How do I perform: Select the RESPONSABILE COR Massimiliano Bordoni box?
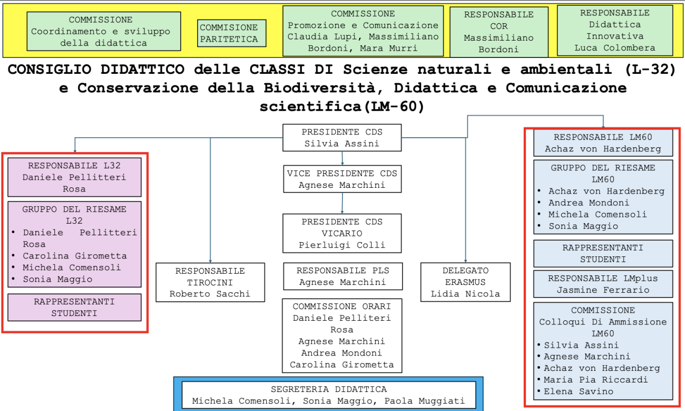tap(499, 32)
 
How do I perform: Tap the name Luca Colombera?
tap(614, 48)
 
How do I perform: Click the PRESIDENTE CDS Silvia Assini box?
tap(342, 138)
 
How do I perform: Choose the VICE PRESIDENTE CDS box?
tap(342, 179)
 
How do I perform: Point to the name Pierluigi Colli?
tap(342, 245)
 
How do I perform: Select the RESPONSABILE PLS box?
tap(342, 276)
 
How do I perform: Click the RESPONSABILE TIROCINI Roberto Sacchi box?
tap(210, 282)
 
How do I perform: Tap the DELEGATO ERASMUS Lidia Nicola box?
tap(465, 282)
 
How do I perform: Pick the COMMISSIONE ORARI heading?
tap(342, 307)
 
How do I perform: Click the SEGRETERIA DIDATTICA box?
tap(329, 395)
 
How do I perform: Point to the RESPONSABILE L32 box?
tap(75, 177)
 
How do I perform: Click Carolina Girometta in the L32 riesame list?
tap(75, 256)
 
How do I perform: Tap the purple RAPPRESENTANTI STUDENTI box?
tap(75, 308)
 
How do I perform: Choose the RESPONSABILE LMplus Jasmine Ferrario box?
tap(603, 284)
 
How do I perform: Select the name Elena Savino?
tap(579, 391)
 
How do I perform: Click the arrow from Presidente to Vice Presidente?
tap(342, 158)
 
